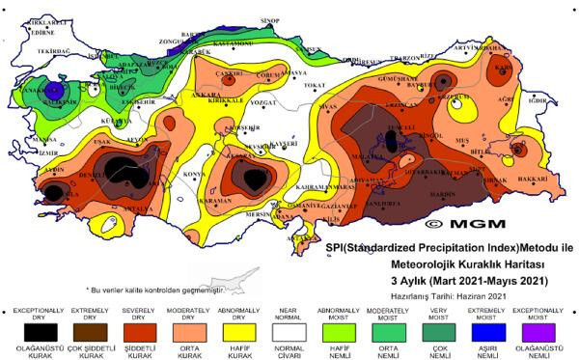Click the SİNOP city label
[x=270, y=20]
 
